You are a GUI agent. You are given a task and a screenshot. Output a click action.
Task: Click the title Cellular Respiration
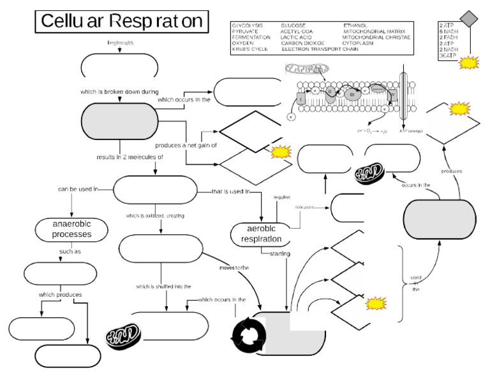[x=121, y=22]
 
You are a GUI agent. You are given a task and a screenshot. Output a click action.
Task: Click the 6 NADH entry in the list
[x=449, y=31]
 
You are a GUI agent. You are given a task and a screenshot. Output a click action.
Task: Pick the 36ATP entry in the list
[x=448, y=56]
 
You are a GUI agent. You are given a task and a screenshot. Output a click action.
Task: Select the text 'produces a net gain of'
[x=186, y=145]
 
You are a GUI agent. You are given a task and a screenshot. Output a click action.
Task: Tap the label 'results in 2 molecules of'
[x=130, y=156]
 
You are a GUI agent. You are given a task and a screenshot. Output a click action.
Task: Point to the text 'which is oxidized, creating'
[x=155, y=216]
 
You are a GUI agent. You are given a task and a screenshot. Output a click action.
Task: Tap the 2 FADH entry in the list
[x=449, y=38]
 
